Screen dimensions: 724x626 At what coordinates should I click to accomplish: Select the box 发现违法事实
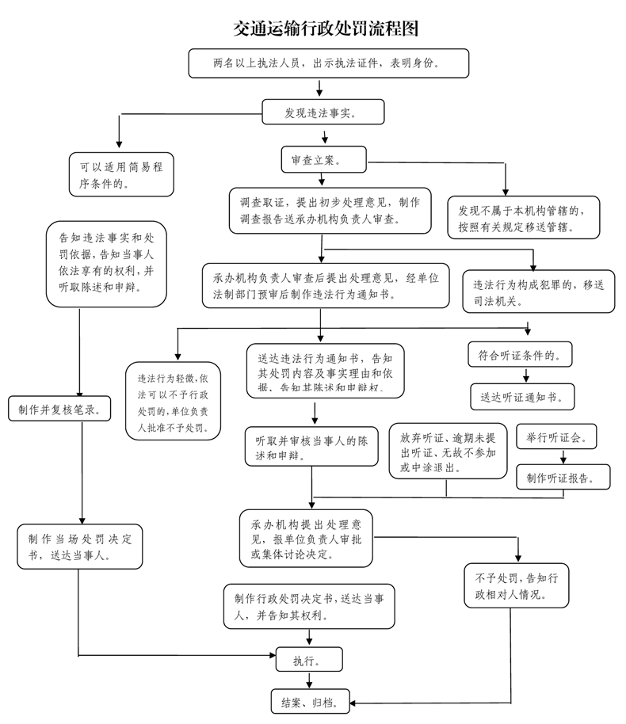(x=323, y=112)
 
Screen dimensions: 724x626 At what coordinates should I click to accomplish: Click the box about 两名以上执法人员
(x=328, y=63)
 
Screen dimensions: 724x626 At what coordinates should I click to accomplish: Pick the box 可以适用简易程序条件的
(x=120, y=174)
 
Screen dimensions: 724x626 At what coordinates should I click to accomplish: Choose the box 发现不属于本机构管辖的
(x=523, y=218)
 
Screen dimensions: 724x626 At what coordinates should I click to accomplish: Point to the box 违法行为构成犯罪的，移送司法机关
(x=538, y=292)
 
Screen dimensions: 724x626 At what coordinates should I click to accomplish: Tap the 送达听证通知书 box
(x=522, y=395)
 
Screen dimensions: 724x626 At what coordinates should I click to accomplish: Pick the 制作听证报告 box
(x=563, y=477)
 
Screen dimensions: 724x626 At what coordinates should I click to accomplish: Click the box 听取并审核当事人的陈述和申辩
(x=310, y=447)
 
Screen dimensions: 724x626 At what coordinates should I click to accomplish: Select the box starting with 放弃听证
(x=448, y=452)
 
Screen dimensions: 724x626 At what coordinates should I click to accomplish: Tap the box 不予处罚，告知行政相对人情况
(x=517, y=585)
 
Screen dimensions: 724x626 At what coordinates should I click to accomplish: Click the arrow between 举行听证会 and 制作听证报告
(x=563, y=457)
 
